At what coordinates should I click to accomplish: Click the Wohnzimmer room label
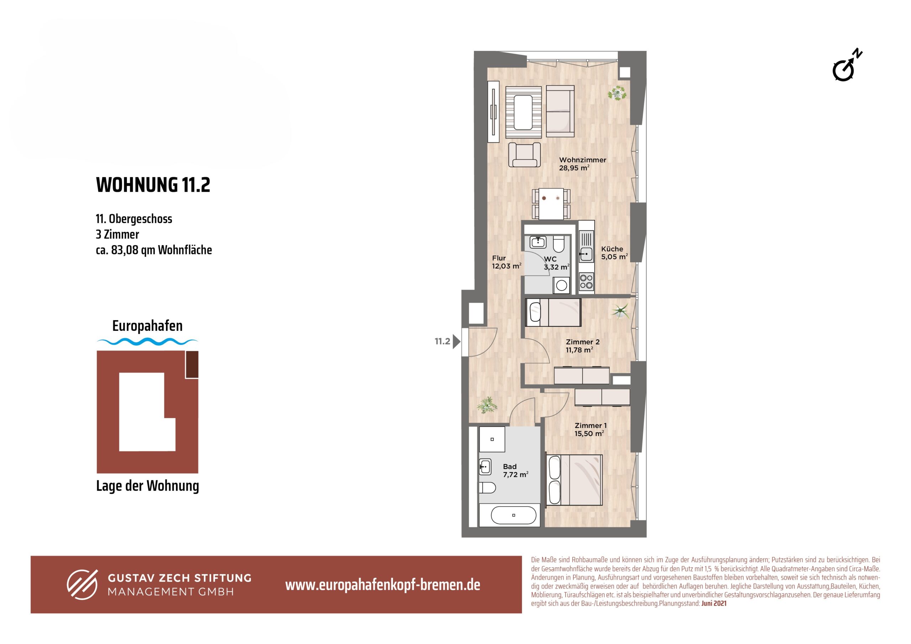583,160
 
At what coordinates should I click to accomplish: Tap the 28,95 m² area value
574,168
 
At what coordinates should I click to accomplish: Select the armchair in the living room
525,154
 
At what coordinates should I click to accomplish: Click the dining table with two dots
551,204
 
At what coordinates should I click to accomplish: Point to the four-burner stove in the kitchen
586,281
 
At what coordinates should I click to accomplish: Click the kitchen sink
586,254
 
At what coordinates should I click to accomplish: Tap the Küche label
612,249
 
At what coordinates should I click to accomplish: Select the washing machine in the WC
562,285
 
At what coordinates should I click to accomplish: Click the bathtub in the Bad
514,515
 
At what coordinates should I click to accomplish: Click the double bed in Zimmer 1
574,480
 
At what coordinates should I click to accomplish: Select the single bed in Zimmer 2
553,312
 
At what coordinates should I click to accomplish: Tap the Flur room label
499,258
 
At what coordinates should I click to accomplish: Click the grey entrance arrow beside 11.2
456,341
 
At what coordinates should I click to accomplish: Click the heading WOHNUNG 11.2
153,185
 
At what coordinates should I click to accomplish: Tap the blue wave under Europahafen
147,341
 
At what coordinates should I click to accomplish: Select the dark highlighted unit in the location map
192,364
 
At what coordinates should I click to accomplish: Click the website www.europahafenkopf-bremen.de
383,585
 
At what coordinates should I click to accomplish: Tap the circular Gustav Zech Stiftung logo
82,585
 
